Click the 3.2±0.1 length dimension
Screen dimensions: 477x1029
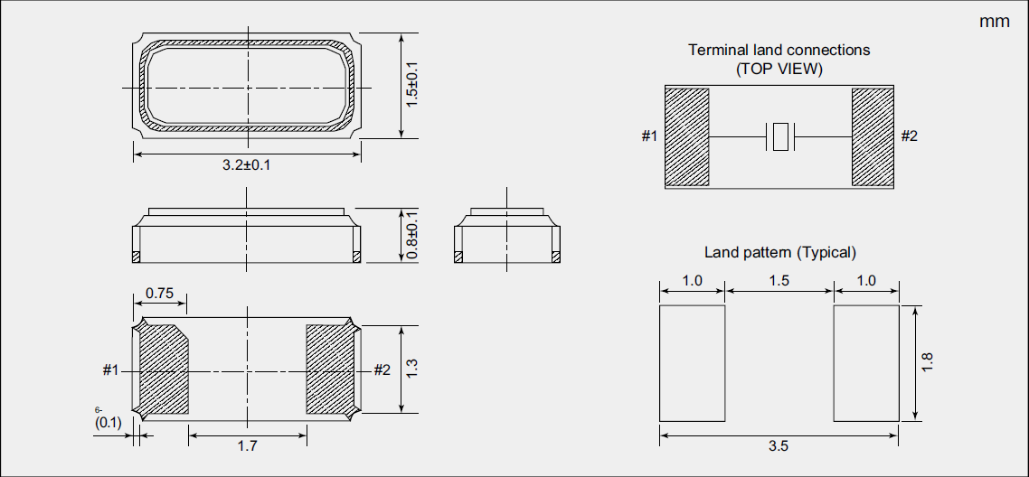pos(247,165)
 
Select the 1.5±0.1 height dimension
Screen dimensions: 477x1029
pos(411,86)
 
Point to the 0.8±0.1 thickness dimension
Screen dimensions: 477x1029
pos(411,237)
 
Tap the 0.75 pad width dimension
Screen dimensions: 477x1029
pos(159,293)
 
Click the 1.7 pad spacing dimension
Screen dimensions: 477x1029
pos(246,445)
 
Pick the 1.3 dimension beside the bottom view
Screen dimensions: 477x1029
pos(411,369)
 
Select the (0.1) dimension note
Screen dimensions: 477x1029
pos(108,422)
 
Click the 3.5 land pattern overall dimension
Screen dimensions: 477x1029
pos(779,445)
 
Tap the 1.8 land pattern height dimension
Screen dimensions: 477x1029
pos(927,363)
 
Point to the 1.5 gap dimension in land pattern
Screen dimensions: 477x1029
pos(779,281)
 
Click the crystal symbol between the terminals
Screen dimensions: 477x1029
pos(779,137)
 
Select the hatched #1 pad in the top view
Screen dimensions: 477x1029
pos(686,136)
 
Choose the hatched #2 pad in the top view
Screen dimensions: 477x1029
pos(873,136)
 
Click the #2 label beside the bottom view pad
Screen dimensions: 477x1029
pos(382,369)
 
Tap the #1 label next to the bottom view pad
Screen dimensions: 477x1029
pos(111,369)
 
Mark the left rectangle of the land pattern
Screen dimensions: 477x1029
pos(692,363)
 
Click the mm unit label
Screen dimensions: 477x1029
pos(995,22)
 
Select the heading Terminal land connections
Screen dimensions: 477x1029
pos(779,51)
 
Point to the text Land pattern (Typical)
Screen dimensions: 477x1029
pos(779,252)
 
